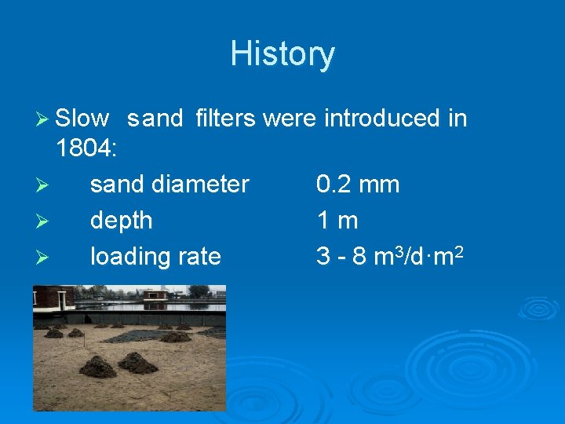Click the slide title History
point(282,54)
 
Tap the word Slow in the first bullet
point(82,119)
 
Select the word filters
point(225,119)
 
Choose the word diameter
point(204,185)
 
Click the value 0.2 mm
point(358,185)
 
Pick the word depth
point(122,221)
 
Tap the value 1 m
point(337,221)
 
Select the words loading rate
point(155,256)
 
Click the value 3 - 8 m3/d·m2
point(388,255)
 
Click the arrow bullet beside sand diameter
point(43,185)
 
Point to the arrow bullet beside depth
point(43,221)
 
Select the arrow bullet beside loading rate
point(43,257)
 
